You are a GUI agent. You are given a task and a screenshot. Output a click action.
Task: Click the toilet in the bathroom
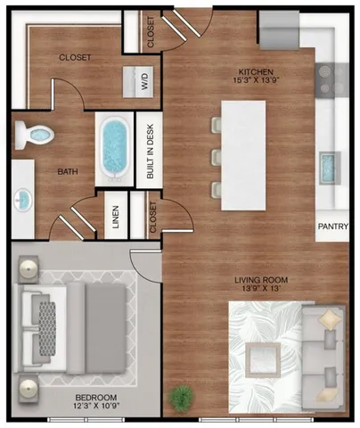[37, 135]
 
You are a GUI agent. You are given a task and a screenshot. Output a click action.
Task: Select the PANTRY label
[332, 226]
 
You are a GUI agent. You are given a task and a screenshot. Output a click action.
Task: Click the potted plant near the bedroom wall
[183, 396]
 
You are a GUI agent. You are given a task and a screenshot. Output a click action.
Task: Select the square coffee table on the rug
[264, 357]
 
